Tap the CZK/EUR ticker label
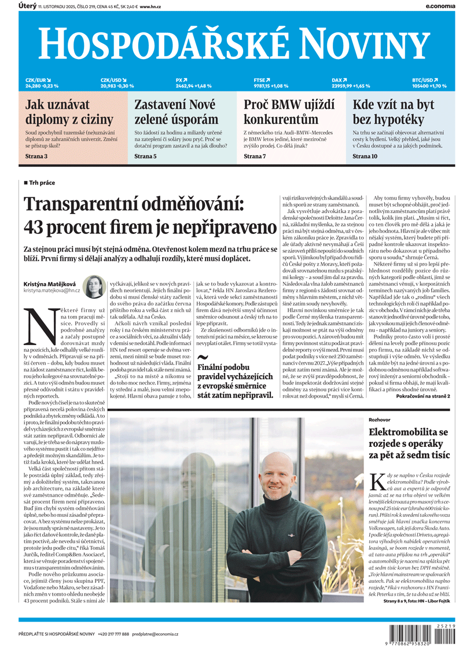pyautogui.click(x=36, y=80)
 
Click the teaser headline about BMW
pyautogui.click(x=281, y=112)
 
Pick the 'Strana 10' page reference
pyautogui.click(x=365, y=156)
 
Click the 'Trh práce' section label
pyautogui.click(x=42, y=183)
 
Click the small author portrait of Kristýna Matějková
pyautogui.click(x=93, y=287)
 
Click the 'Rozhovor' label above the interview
pyautogui.click(x=380, y=418)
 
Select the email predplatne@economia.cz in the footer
pyautogui.click(x=164, y=634)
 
